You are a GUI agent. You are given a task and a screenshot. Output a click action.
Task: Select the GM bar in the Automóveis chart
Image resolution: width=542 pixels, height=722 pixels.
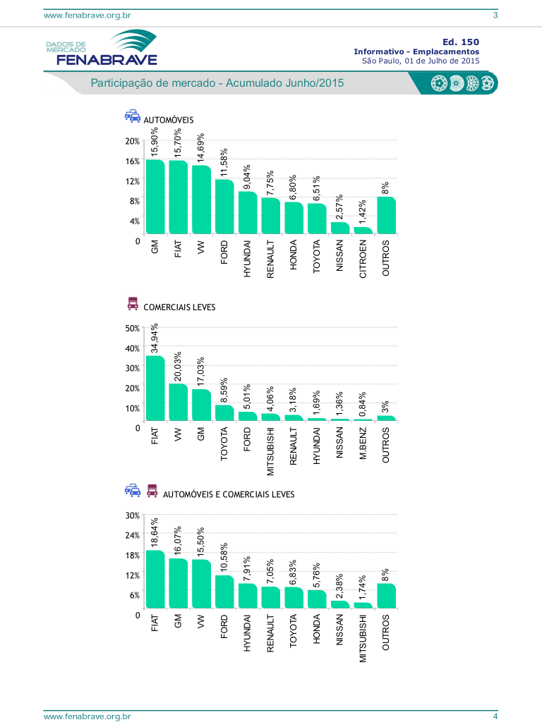click(x=155, y=197)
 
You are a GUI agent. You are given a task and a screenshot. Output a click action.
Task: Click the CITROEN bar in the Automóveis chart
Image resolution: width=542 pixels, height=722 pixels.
click(x=363, y=230)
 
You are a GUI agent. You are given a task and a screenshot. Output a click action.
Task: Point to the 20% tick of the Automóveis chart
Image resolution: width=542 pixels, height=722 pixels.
click(x=132, y=141)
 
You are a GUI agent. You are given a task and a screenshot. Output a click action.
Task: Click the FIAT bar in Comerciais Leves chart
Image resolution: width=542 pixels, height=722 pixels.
click(x=155, y=388)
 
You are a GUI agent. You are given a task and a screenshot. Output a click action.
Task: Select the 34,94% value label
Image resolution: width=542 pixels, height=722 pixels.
click(x=155, y=338)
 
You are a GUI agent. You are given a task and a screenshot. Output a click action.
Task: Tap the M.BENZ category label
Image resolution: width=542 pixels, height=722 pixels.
click(x=363, y=444)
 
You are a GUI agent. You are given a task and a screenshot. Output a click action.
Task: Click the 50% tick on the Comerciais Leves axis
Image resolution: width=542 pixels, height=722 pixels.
click(x=132, y=329)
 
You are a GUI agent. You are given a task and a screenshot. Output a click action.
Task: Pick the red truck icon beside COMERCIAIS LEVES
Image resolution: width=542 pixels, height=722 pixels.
click(x=132, y=304)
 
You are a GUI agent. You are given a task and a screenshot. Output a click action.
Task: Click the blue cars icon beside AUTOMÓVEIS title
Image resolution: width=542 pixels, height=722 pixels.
click(x=132, y=116)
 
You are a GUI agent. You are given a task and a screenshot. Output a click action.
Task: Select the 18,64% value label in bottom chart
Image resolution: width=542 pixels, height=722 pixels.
click(x=155, y=532)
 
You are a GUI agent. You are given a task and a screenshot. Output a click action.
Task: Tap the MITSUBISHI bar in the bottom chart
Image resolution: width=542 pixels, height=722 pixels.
click(x=363, y=605)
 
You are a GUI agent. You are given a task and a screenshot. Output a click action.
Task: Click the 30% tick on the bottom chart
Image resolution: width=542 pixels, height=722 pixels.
click(x=132, y=515)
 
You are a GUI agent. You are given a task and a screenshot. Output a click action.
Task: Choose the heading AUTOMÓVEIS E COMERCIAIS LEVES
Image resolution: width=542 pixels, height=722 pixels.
click(x=229, y=494)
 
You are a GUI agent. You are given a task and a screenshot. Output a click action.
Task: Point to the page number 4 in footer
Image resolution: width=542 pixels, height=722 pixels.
click(x=495, y=716)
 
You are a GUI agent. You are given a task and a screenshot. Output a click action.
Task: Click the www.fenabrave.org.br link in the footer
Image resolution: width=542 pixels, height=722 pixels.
click(x=88, y=716)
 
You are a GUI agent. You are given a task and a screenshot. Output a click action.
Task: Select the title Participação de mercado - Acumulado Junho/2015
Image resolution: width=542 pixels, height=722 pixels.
click(x=217, y=83)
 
